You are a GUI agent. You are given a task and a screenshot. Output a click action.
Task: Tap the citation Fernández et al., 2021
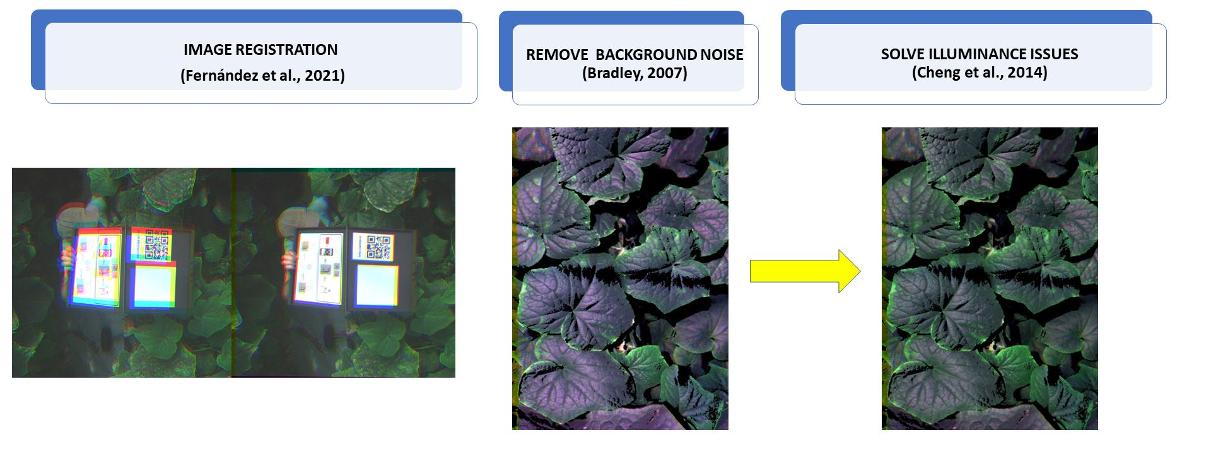[x=262, y=76]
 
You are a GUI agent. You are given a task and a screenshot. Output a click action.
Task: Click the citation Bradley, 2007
[x=635, y=73]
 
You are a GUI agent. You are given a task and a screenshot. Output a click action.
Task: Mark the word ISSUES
[x=1053, y=54]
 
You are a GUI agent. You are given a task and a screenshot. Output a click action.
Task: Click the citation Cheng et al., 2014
[x=980, y=73]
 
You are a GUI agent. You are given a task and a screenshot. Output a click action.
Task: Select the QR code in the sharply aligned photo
[x=378, y=247]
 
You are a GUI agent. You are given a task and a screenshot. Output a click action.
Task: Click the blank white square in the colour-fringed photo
[x=153, y=286]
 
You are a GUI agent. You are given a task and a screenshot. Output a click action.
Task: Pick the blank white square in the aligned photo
[x=377, y=286]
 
